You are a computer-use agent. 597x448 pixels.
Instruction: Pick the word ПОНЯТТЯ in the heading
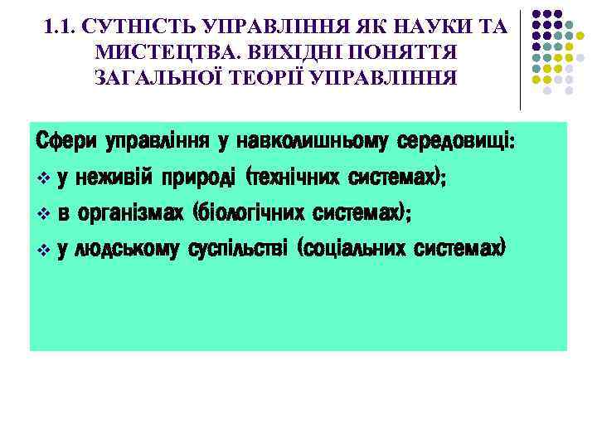[397, 54]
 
